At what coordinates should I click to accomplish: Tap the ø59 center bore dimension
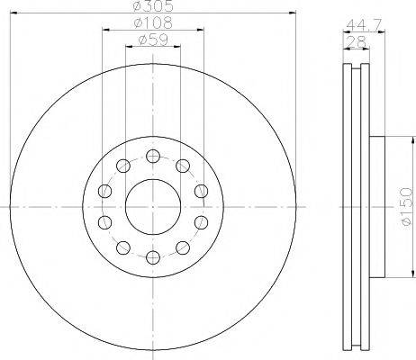[150, 40]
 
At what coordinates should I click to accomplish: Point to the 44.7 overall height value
[357, 23]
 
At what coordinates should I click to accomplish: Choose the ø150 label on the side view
[405, 206]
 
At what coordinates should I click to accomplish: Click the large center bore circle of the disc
[151, 206]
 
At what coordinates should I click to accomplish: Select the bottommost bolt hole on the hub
[151, 258]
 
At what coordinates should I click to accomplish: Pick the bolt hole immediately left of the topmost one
[121, 164]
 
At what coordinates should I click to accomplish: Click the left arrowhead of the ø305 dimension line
[12, 13]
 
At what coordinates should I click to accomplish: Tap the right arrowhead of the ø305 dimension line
[294, 13]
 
